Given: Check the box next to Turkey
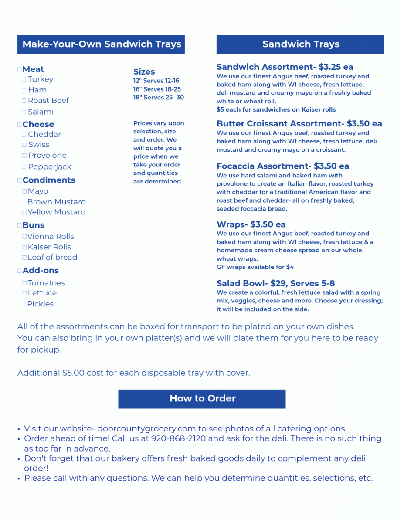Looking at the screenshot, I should pos(24,80).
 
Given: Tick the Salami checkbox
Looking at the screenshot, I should pos(24,112).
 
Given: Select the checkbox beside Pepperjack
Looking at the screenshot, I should pos(24,167).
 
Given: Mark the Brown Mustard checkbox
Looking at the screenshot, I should pos(24,202).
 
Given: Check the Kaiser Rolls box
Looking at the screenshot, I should pos(24,247).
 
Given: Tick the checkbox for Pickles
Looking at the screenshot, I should pos(24,304).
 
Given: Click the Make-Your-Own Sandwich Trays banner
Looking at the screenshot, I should pos(101,44).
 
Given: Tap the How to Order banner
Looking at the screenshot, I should pos(202,399).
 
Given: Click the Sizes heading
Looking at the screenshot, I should pos(144,72).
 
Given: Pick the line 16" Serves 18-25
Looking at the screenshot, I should pos(157,89).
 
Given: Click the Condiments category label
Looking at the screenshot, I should pos(48,180).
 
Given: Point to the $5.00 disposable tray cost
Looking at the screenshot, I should pos(73,373).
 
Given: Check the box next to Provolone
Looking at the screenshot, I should pos(24,156).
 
